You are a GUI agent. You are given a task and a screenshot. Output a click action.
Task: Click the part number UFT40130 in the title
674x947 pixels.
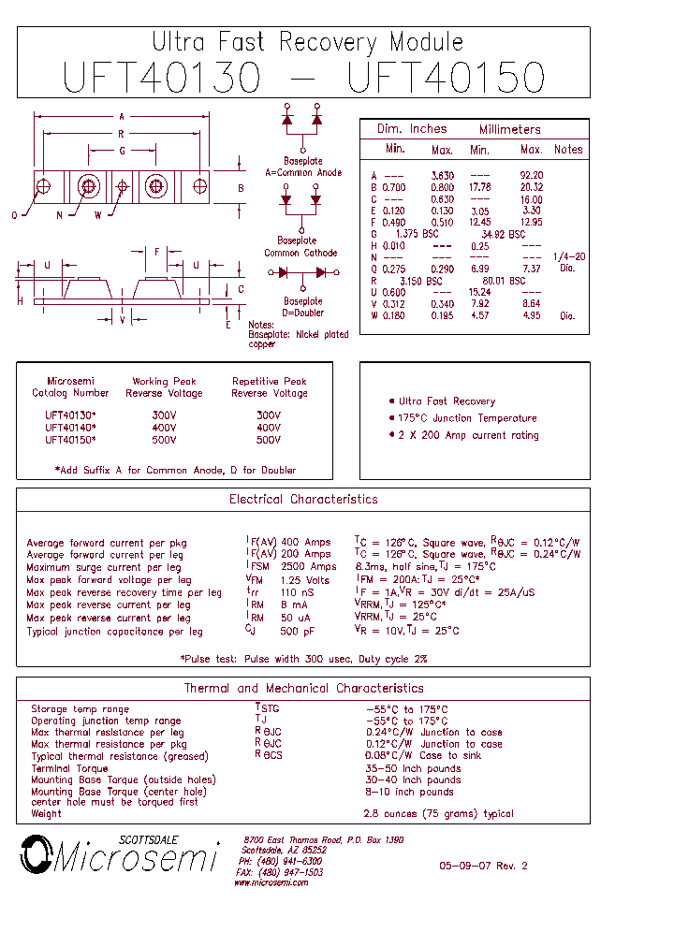162,77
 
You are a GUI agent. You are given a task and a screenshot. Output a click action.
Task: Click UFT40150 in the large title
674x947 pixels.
446,77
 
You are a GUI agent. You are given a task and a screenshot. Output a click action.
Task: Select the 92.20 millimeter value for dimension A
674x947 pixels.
531,176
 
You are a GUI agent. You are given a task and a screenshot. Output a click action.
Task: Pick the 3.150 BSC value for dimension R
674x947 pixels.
421,281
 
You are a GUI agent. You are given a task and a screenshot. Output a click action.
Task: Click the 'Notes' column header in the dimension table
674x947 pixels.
568,150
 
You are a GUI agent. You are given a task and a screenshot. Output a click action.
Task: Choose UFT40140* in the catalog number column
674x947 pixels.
70,428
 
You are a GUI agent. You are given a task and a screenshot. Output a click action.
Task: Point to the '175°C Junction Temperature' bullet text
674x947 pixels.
468,418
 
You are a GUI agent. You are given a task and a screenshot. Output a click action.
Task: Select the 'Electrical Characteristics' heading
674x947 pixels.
303,500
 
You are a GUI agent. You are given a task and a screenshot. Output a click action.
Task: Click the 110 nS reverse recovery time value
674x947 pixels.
298,592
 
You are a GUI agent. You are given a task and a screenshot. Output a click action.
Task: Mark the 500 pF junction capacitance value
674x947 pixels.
297,631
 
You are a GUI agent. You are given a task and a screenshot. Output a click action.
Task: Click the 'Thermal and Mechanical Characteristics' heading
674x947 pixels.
303,689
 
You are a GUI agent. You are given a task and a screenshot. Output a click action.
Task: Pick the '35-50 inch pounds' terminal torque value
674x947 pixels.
412,768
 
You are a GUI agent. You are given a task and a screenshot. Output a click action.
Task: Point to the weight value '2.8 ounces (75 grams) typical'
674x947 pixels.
438,814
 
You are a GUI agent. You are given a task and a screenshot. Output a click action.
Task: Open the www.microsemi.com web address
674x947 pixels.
273,882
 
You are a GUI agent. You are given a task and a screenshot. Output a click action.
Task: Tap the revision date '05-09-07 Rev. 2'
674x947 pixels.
483,867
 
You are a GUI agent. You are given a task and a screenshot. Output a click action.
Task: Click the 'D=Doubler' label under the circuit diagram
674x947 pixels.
302,313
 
